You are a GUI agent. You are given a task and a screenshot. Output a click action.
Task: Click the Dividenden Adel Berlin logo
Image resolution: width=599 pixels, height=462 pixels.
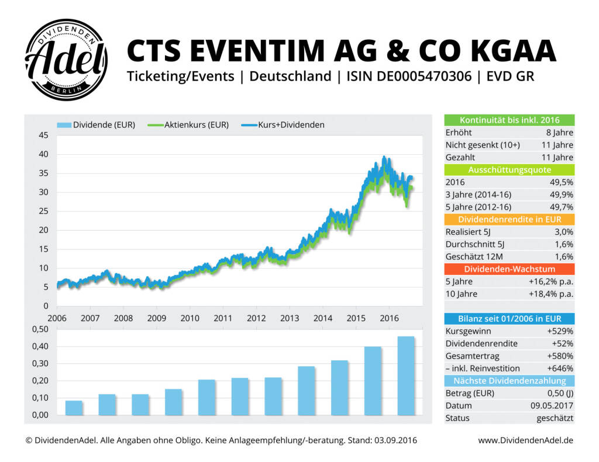66,60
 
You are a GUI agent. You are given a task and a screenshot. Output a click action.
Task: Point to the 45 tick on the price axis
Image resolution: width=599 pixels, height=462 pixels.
43,136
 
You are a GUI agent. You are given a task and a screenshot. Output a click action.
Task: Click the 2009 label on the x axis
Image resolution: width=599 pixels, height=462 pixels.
156,318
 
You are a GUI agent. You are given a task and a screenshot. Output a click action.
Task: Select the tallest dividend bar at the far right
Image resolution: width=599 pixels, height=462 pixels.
405,376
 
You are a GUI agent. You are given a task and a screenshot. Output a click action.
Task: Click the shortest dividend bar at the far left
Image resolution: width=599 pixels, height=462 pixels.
74,408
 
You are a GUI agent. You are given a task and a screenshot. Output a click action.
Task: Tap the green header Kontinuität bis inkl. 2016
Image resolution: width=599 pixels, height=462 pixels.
509,120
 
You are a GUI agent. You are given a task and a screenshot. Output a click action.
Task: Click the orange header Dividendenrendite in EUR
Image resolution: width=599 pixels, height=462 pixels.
509,220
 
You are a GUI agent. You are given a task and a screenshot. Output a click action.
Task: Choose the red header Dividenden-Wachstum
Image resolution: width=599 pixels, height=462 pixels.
509,269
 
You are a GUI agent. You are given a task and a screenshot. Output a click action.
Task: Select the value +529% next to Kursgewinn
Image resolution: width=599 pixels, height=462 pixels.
560,331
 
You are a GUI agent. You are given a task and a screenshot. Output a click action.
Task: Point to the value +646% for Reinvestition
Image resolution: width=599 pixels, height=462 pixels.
560,369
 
